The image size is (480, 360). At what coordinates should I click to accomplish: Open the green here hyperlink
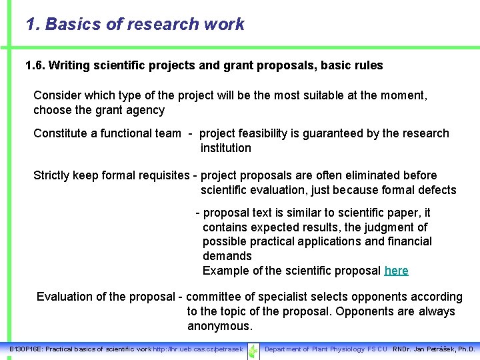coord(397,271)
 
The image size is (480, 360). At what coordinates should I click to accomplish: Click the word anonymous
coord(219,326)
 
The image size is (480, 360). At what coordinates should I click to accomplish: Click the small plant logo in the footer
coord(253,350)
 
